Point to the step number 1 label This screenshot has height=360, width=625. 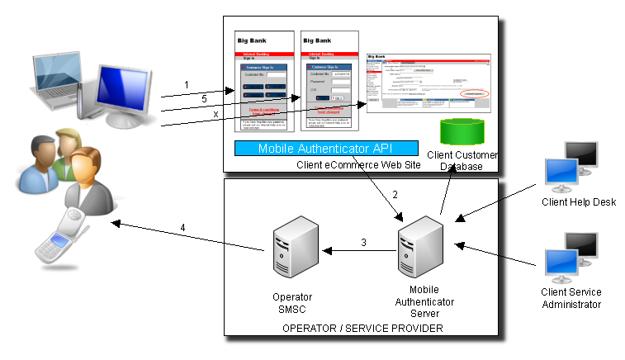[187, 84]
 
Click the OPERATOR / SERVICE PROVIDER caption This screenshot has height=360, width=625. [362, 329]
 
